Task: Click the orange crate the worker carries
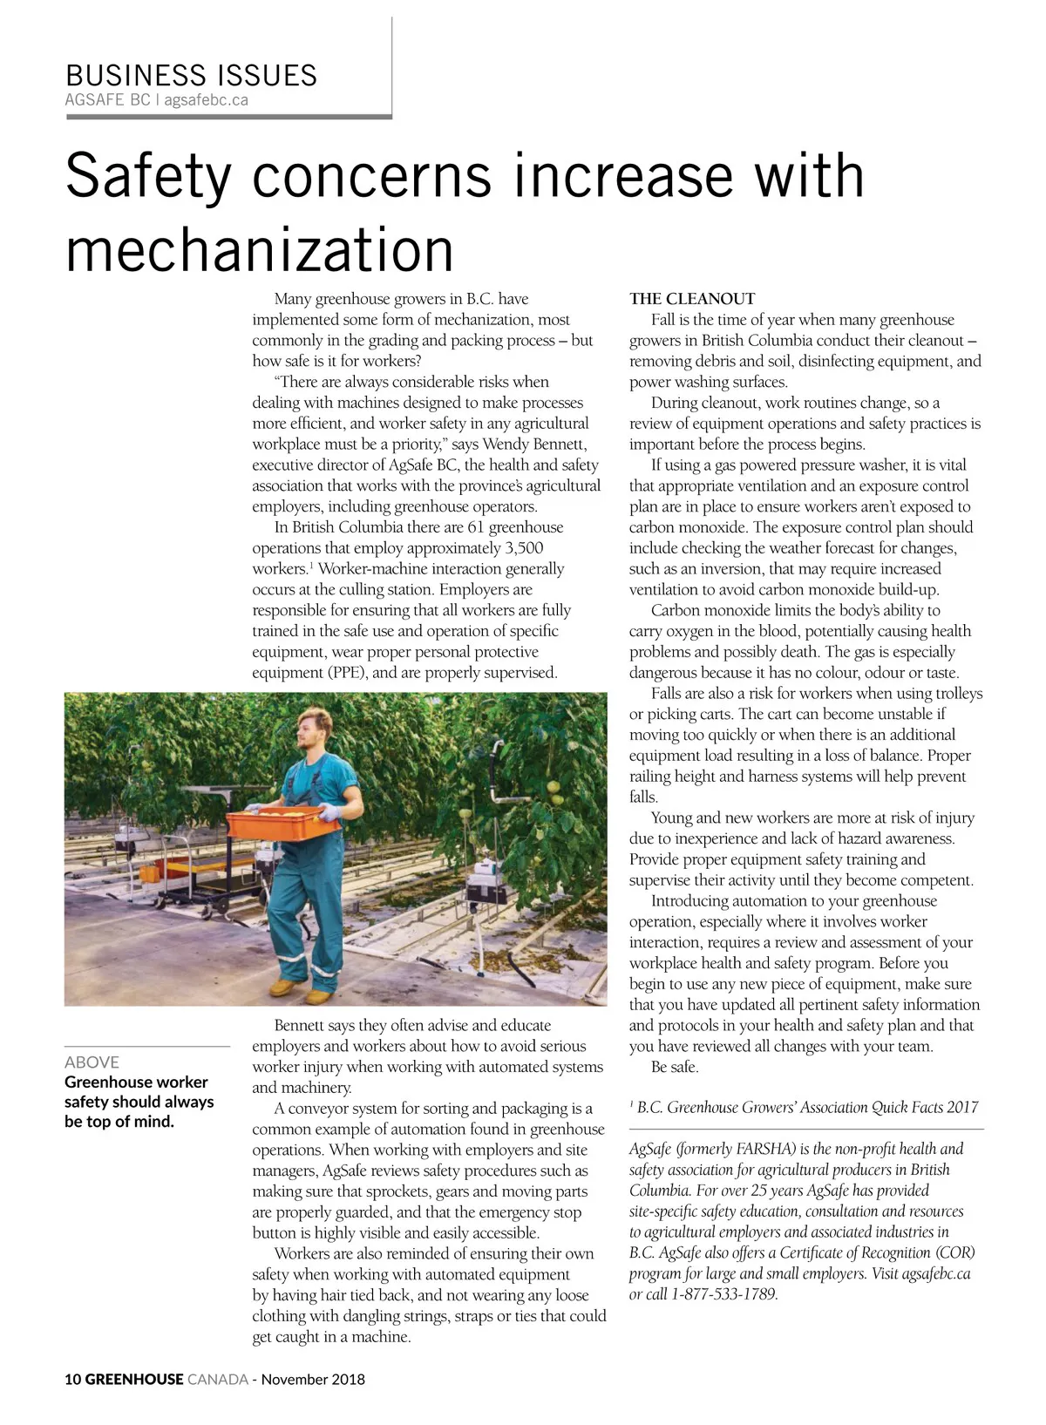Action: coord(280,823)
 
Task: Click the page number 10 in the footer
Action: coord(72,1380)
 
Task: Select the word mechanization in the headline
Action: coord(260,249)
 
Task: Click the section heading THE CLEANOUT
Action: coord(692,298)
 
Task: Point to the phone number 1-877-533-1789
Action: coord(723,1294)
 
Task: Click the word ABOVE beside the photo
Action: coord(92,1062)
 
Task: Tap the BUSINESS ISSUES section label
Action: coord(191,75)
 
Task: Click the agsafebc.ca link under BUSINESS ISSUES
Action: coord(206,100)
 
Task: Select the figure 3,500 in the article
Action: coord(523,548)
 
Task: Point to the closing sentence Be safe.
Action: coord(675,1067)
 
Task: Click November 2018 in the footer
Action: coord(313,1380)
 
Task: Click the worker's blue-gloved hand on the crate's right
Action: coord(331,812)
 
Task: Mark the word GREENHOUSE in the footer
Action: coord(134,1380)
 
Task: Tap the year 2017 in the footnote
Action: coord(962,1108)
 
